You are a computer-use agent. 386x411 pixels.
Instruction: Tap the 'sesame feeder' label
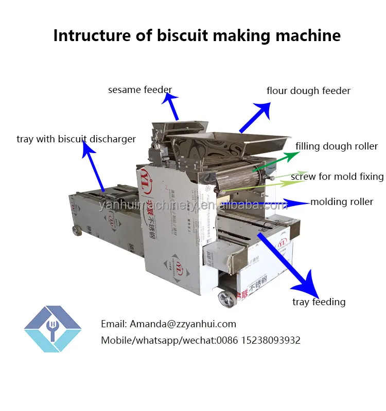tap(139, 90)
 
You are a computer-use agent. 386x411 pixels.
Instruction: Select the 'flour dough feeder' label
tap(308, 91)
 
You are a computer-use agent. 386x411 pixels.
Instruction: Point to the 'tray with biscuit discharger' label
tap(76, 139)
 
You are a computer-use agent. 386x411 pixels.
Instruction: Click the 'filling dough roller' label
tap(337, 146)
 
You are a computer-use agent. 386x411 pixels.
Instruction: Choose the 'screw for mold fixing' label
tap(337, 177)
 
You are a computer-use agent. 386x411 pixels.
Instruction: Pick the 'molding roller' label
tap(342, 202)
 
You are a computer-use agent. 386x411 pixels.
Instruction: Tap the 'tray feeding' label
tap(319, 302)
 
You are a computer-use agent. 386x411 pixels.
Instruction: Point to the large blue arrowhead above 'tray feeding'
tap(310, 283)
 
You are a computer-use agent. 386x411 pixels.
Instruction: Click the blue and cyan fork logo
tap(52, 329)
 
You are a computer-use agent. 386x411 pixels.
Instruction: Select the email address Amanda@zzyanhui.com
tap(183, 324)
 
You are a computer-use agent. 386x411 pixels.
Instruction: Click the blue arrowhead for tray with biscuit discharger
tap(88, 150)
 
